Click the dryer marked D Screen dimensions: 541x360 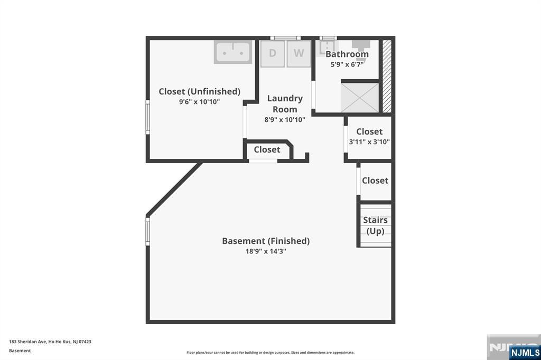tap(273, 53)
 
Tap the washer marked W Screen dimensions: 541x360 tap(299, 53)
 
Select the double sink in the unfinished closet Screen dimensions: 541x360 tap(233, 52)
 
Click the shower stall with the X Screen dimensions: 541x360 tap(360, 98)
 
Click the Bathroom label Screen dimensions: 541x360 tap(347, 54)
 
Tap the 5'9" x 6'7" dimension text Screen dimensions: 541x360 tap(347, 64)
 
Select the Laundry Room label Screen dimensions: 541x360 tap(285, 104)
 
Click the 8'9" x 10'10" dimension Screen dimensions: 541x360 tap(285, 120)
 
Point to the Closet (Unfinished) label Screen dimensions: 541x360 tap(199, 91)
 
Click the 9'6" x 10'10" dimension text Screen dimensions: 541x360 tap(199, 102)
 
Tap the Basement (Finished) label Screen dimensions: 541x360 tap(266, 241)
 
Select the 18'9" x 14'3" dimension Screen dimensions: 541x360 tap(266, 251)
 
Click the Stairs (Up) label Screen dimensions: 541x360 tap(376, 225)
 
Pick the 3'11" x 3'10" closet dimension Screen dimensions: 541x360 tap(369, 141)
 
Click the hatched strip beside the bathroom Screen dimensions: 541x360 tap(387, 76)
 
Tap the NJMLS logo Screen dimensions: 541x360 tap(525, 352)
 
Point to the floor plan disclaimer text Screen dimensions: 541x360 tap(270, 353)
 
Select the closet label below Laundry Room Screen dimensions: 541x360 tap(267, 150)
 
